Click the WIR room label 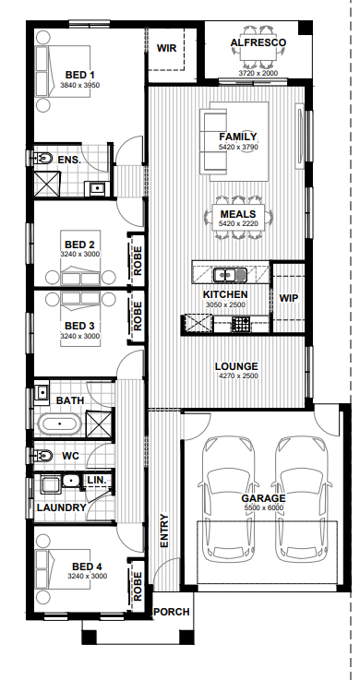point(166,48)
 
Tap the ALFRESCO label point(258,42)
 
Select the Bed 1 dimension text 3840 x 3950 point(79,85)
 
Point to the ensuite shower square point(46,184)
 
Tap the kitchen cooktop point(240,323)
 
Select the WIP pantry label point(288,298)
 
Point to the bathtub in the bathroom point(59,424)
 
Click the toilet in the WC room point(42,456)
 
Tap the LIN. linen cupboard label point(97,481)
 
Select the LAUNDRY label point(62,507)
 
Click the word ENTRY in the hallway point(164,531)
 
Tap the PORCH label point(172,612)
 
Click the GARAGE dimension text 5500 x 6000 point(263,507)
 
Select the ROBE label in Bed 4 point(138,586)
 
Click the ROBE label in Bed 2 point(138,260)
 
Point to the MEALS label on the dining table point(238,214)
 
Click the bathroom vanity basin point(42,393)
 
